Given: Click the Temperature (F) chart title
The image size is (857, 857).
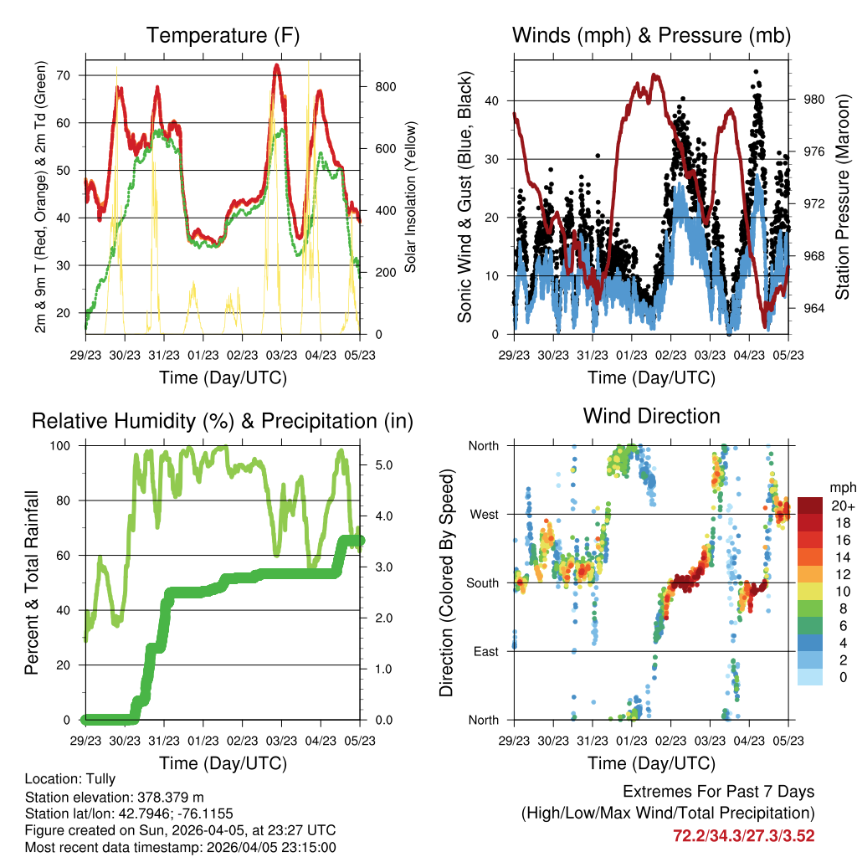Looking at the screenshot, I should [222, 35].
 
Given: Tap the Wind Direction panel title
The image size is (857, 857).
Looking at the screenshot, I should [651, 416].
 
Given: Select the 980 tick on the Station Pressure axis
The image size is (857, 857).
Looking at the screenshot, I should [814, 99].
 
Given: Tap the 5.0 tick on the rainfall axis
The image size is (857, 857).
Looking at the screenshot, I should [383, 464].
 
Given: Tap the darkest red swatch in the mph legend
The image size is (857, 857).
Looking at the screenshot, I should [810, 505].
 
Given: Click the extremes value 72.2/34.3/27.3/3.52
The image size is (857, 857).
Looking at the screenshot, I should [743, 835].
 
